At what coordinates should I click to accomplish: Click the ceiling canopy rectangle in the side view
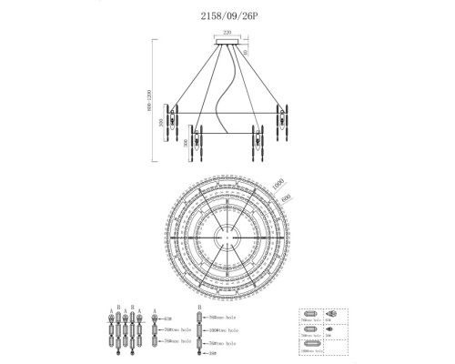(x=227, y=40)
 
